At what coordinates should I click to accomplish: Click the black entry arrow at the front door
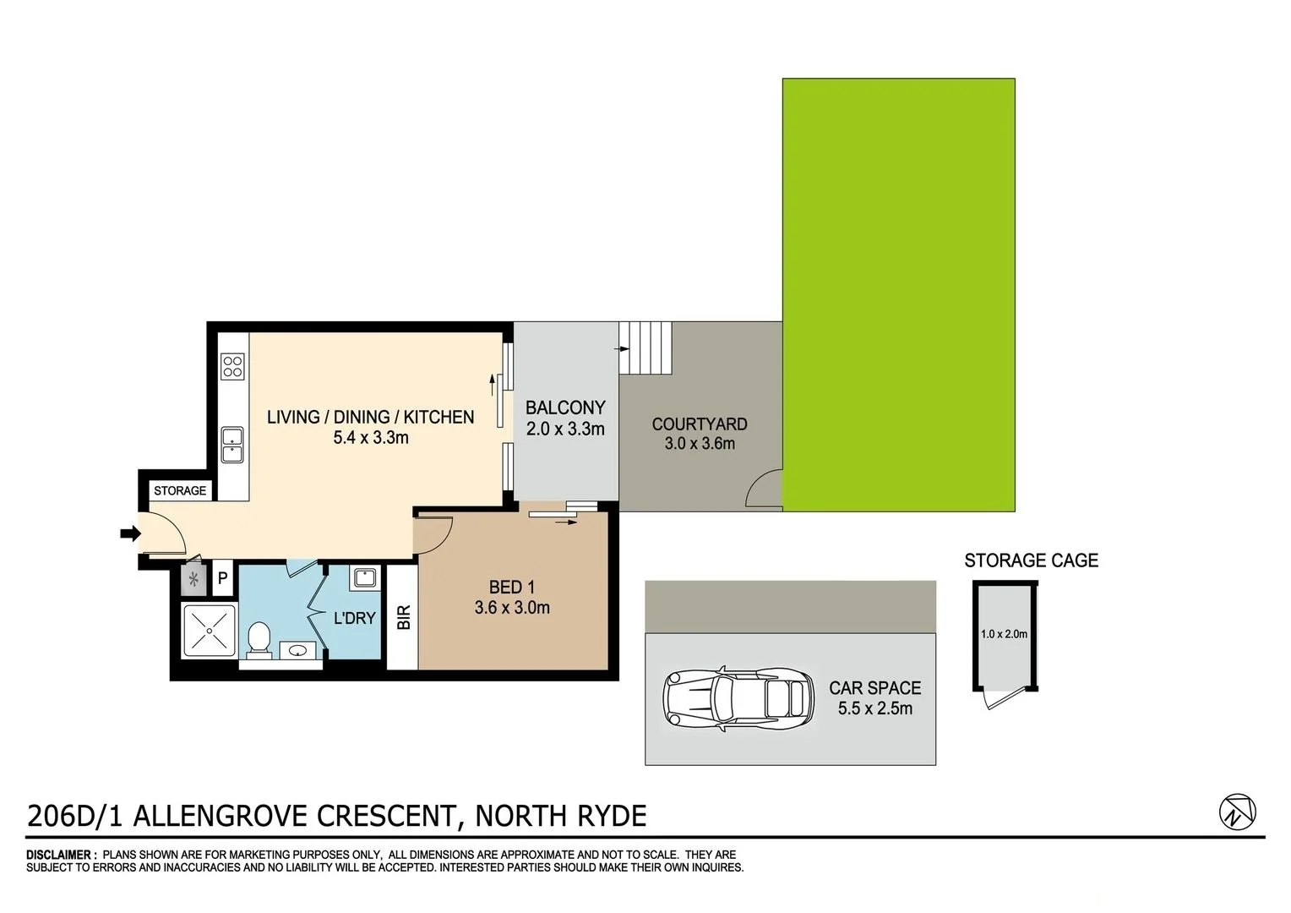click(129, 533)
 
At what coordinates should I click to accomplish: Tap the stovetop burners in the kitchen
click(232, 366)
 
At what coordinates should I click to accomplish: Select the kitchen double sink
click(232, 445)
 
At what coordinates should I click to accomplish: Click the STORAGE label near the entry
click(180, 490)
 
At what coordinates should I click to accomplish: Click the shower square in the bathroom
click(209, 630)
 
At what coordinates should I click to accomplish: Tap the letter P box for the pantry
click(223, 578)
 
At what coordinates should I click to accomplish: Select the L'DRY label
click(354, 618)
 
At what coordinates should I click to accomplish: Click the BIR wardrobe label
click(404, 616)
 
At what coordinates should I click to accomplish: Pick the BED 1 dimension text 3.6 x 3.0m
click(512, 607)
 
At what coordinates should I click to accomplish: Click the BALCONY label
click(565, 407)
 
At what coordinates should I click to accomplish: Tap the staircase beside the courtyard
click(647, 347)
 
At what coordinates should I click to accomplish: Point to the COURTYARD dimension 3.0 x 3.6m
click(700, 443)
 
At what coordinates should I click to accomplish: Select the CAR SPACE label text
click(874, 688)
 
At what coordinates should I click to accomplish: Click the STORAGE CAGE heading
click(1031, 560)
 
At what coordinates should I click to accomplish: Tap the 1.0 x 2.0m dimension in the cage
click(1004, 634)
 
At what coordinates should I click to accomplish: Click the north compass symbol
click(1237, 812)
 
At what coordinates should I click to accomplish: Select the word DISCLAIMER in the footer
click(61, 855)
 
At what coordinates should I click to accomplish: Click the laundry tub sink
click(364, 578)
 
